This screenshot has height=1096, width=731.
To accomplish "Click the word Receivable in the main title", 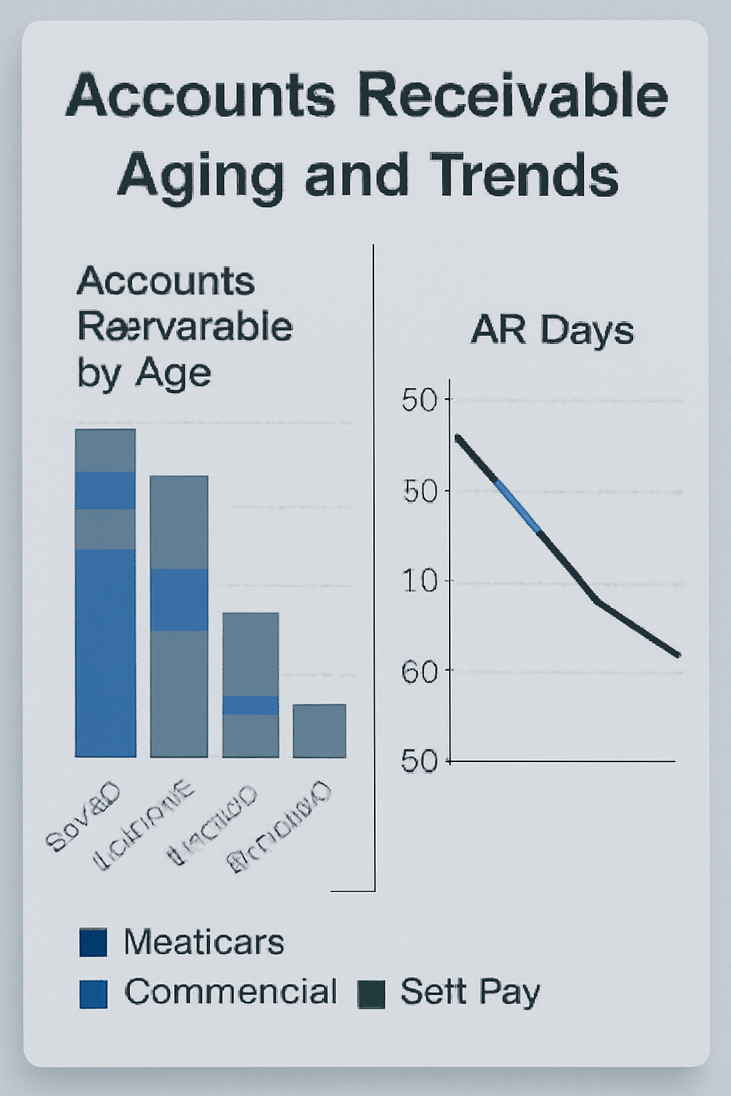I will [509, 96].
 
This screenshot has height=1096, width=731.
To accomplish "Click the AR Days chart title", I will [552, 330].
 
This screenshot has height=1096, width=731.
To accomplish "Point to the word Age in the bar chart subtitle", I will [174, 373].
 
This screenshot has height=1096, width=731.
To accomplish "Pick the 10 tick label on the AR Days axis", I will [419, 582].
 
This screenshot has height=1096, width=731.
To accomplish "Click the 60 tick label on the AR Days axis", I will [419, 671].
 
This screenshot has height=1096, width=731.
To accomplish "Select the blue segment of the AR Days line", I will [518, 507].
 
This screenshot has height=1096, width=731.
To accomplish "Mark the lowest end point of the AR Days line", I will [677, 654].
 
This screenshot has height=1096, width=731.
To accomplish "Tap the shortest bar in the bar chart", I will [320, 731].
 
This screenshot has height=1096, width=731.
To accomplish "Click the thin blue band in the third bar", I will [251, 705].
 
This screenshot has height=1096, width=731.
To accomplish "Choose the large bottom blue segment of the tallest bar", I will [106, 653].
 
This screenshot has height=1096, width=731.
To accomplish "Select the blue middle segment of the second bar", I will [179, 599].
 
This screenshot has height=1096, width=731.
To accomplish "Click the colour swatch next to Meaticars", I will [94, 943].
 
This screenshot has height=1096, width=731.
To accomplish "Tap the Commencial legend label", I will [231, 992].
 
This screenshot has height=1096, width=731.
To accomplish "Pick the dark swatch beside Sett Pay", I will [371, 994].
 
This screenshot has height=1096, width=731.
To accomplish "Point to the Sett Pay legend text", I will [470, 992].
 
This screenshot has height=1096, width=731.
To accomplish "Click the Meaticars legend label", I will [204, 943].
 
